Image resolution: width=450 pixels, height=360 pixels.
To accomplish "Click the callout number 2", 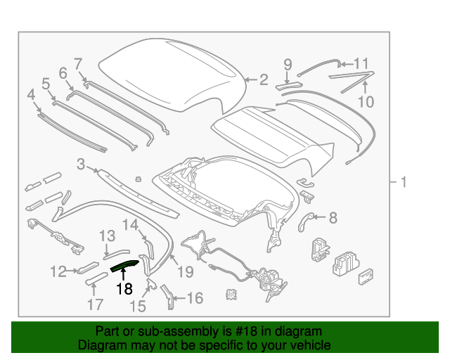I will [x=264, y=80].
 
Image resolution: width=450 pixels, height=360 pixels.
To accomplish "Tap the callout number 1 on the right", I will [x=404, y=183].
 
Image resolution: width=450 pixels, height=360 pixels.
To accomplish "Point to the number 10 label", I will [x=366, y=102].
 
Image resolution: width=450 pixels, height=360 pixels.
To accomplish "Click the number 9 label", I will [x=288, y=65].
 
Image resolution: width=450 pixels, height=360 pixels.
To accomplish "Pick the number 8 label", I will [x=333, y=217].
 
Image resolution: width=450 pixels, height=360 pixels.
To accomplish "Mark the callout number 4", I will [x=31, y=94].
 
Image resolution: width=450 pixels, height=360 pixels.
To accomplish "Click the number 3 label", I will [x=81, y=165].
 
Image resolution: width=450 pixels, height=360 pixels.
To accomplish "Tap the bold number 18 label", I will [x=125, y=288].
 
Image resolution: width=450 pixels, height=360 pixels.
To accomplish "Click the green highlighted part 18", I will [x=124, y=265].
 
